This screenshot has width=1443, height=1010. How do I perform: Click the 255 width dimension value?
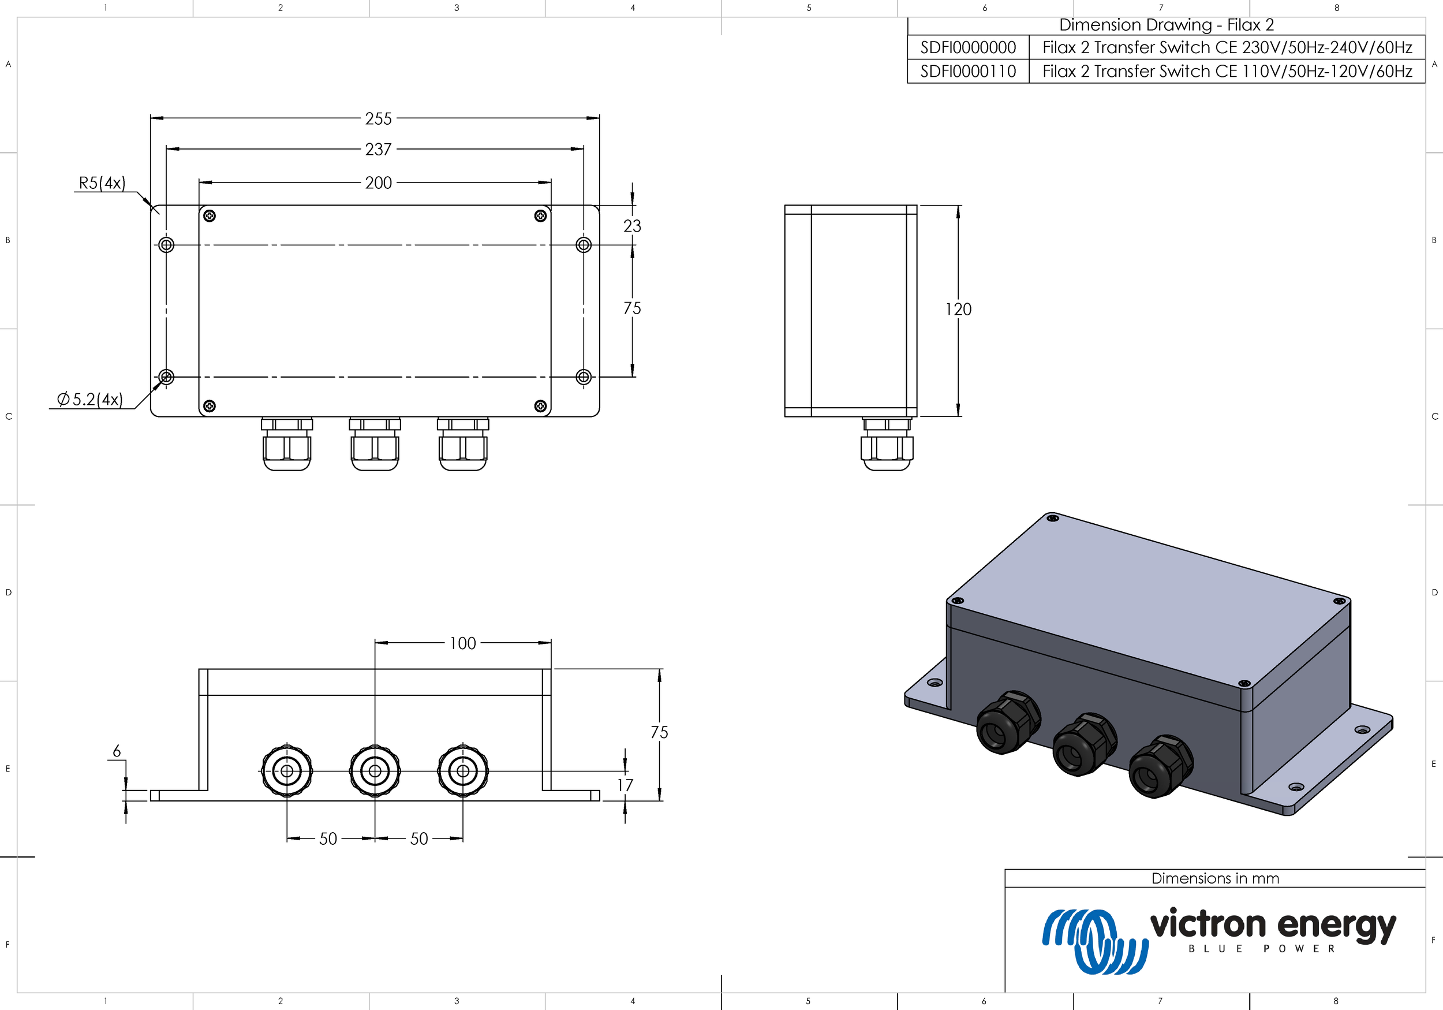tap(378, 118)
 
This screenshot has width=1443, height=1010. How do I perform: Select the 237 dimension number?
tap(378, 150)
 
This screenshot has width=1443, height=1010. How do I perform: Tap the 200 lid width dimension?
tap(378, 183)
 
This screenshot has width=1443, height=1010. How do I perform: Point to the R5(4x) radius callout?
tap(102, 183)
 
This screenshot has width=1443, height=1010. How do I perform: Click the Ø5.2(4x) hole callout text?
tap(90, 400)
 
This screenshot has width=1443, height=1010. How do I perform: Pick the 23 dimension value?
tap(632, 226)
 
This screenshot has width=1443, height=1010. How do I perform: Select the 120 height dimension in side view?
tap(958, 310)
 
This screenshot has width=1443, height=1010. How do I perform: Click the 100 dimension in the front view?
tap(462, 643)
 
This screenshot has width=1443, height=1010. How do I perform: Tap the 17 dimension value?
tap(625, 785)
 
